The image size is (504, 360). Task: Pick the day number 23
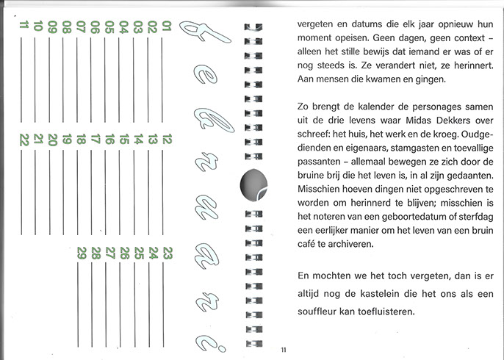click(166, 253)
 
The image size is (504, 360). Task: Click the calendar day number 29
click(82, 253)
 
